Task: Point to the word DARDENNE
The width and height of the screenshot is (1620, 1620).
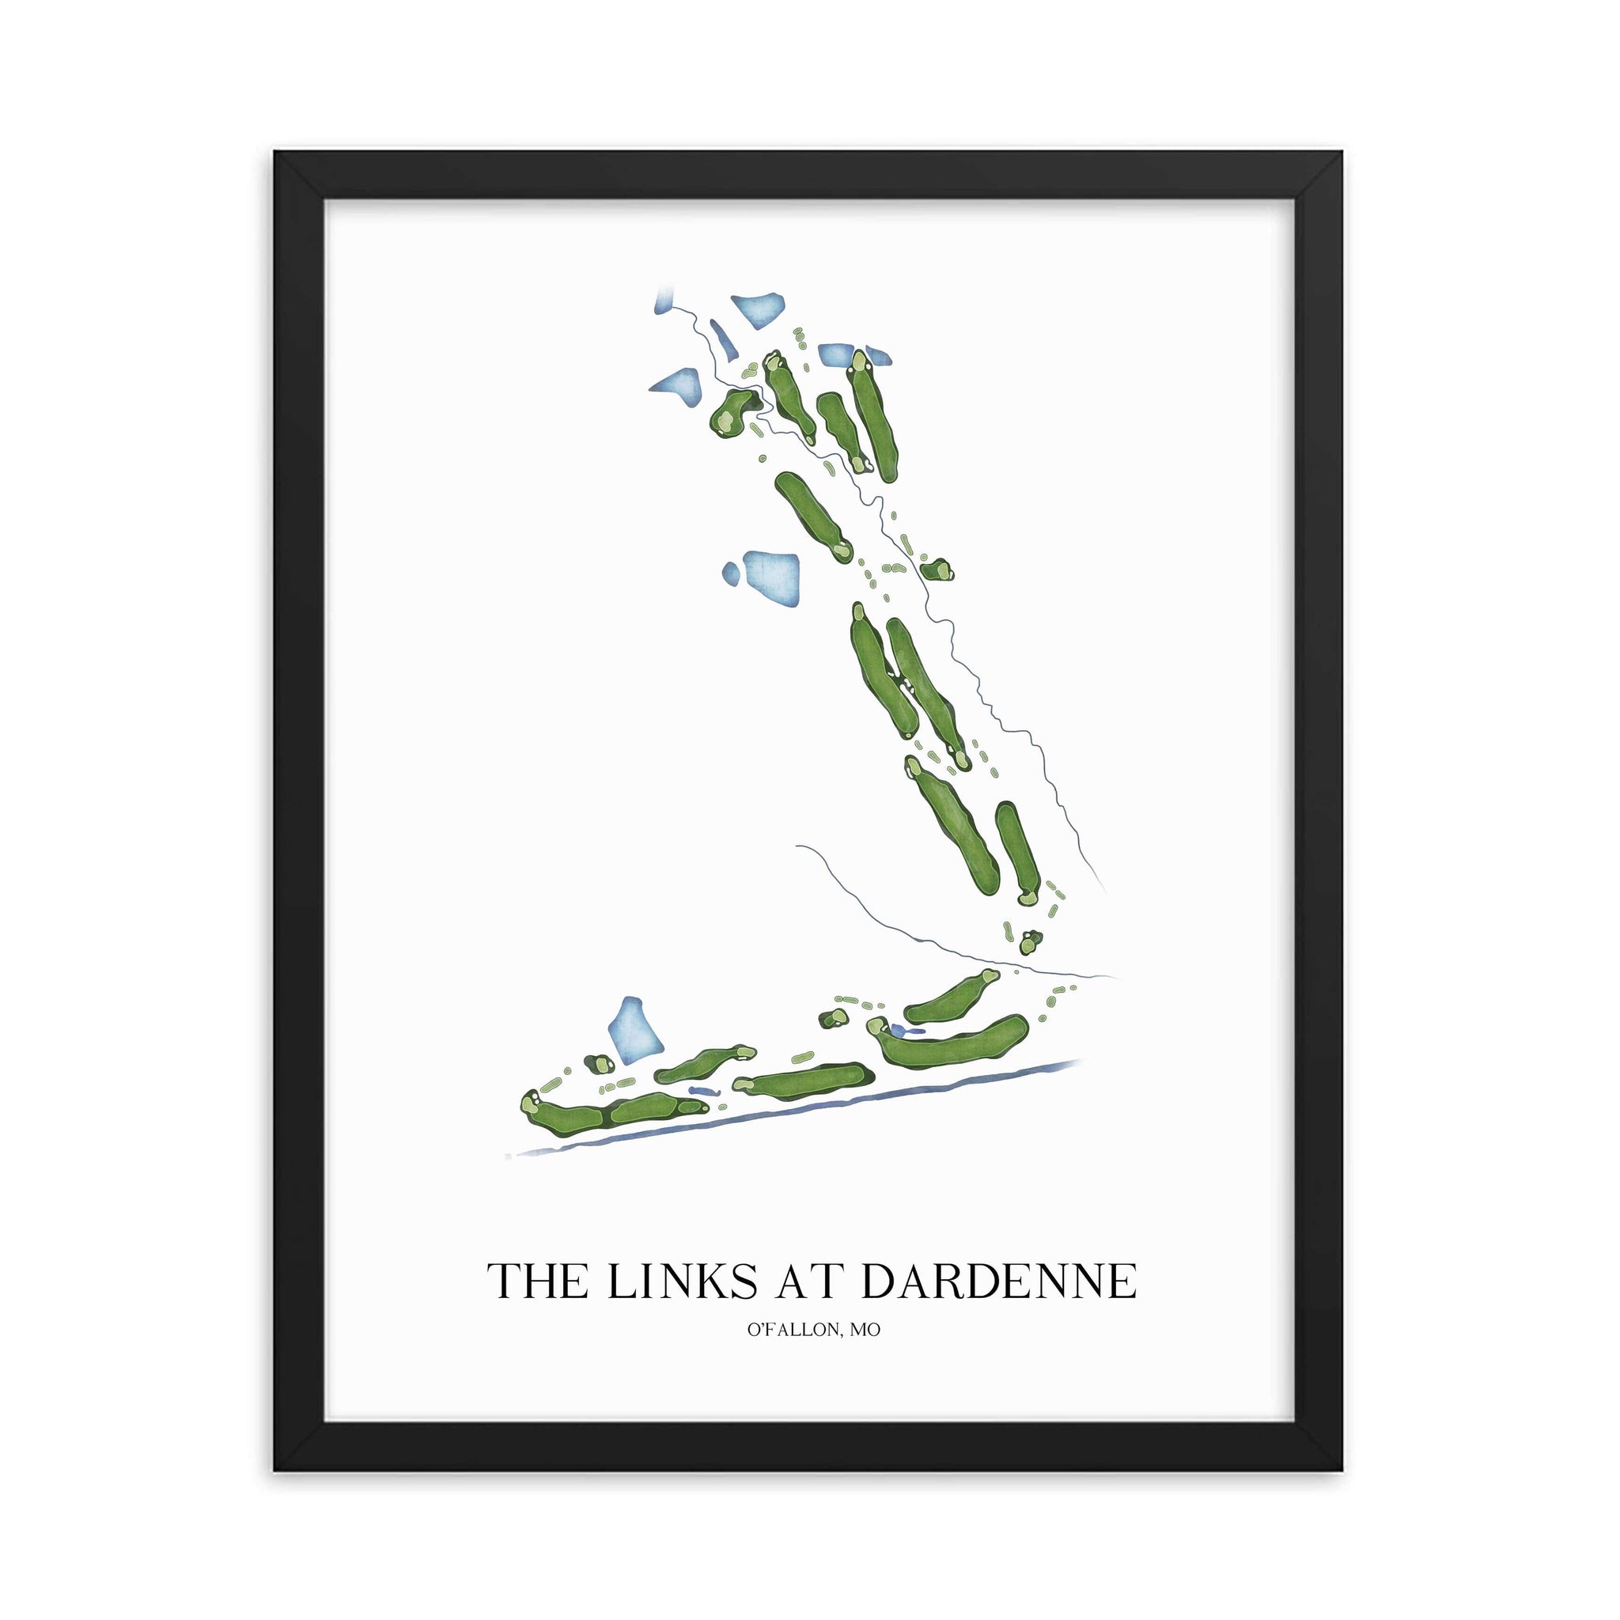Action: coord(997,1281)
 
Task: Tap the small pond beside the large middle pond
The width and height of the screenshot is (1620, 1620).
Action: coord(731,573)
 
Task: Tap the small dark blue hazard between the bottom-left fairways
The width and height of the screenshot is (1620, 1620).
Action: coord(702,1091)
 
